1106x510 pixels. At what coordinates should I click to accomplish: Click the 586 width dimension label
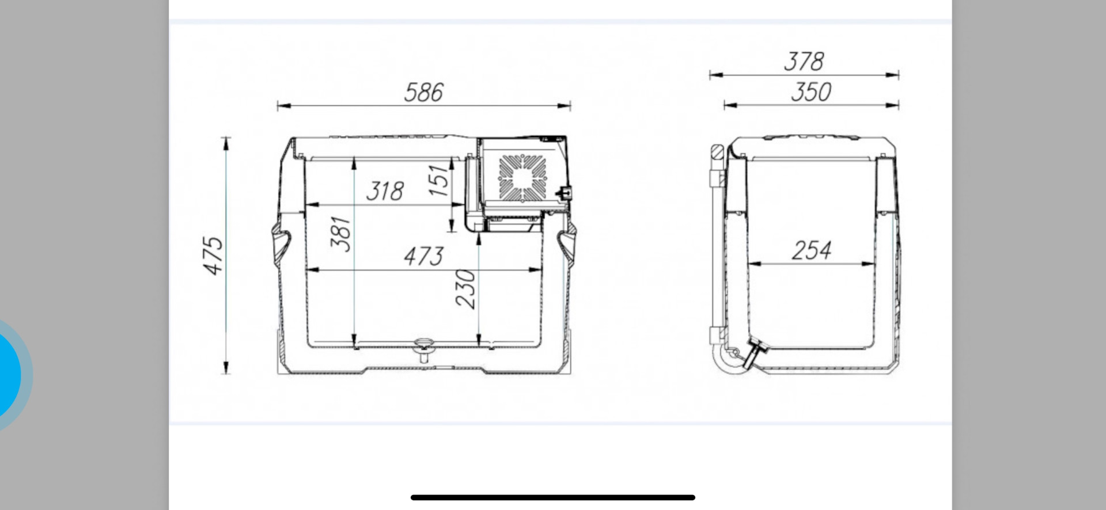(424, 93)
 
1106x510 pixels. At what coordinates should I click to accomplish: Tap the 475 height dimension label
(213, 255)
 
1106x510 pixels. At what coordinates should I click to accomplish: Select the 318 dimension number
(385, 191)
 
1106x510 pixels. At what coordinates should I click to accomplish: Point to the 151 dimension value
(439, 180)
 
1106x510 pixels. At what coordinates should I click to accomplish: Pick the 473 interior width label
(424, 256)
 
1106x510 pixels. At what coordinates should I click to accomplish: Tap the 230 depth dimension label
(466, 289)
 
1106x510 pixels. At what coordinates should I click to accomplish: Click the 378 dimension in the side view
(804, 62)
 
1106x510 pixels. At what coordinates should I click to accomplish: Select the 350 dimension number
(811, 92)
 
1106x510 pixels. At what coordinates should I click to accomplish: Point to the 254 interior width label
(812, 250)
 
